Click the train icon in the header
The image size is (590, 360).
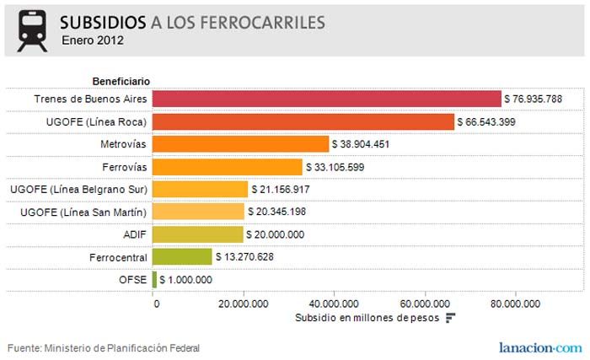click(x=32, y=30)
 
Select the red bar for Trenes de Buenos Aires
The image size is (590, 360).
click(x=326, y=99)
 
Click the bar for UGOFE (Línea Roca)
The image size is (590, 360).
click(x=303, y=121)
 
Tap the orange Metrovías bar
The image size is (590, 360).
click(x=240, y=144)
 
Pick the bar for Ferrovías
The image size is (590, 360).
click(x=227, y=167)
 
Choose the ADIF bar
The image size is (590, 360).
click(x=197, y=234)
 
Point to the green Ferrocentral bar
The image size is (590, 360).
click(x=182, y=257)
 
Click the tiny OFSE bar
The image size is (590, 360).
click(x=154, y=279)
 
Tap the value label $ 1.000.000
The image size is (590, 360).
click(x=185, y=280)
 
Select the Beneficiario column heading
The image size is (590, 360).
click(x=121, y=81)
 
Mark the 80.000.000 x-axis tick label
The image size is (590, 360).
click(x=515, y=304)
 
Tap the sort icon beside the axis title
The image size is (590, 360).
click(x=450, y=318)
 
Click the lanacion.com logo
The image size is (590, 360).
click(x=539, y=347)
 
